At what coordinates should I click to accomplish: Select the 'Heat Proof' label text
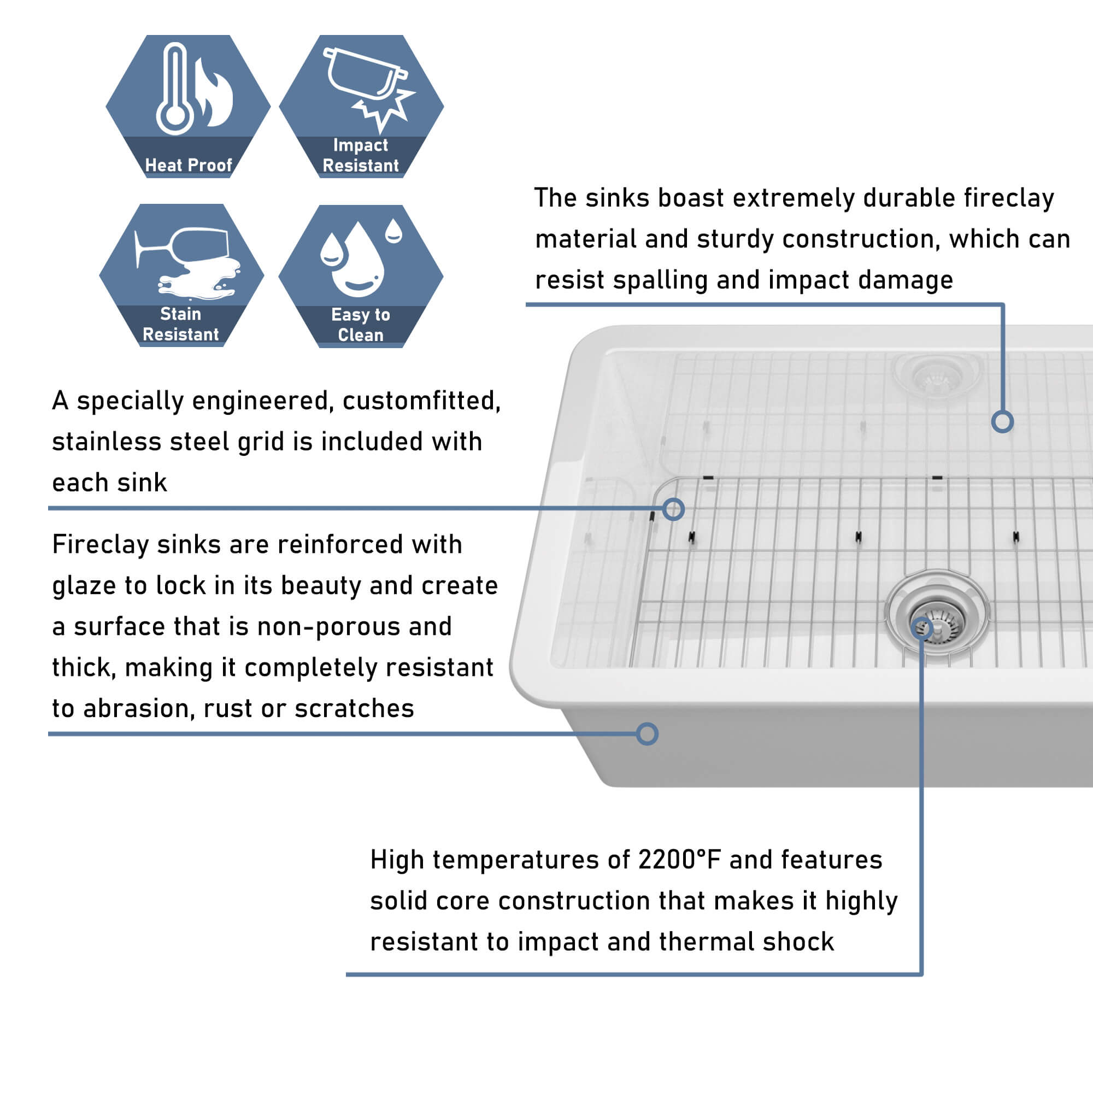[x=189, y=165]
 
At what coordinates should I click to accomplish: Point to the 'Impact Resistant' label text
[x=360, y=156]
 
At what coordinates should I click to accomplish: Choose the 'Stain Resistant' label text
[x=180, y=324]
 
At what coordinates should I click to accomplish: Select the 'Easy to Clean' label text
[x=360, y=325]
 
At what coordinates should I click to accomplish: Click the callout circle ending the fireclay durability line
[x=1002, y=421]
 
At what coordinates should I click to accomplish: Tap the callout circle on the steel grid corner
[x=673, y=509]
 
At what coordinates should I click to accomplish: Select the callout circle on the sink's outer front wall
[x=647, y=734]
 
